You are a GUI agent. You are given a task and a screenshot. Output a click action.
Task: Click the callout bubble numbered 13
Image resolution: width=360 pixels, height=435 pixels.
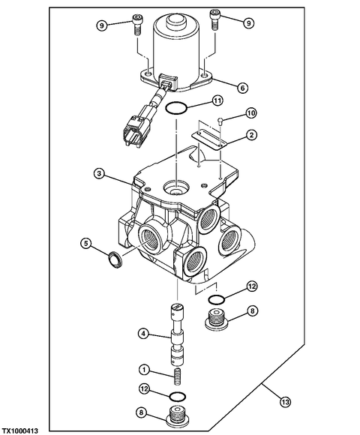(x=285, y=401)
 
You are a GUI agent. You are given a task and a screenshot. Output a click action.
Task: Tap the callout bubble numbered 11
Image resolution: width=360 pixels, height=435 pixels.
(x=217, y=100)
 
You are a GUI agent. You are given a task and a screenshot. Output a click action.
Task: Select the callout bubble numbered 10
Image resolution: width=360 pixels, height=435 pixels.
(x=252, y=113)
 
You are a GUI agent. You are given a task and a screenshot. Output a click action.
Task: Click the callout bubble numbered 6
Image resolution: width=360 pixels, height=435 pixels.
(x=242, y=88)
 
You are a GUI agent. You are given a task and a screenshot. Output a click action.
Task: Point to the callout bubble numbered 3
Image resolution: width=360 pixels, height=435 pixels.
(x=99, y=174)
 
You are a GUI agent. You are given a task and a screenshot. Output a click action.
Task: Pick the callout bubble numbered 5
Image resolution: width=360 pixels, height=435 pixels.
(x=86, y=244)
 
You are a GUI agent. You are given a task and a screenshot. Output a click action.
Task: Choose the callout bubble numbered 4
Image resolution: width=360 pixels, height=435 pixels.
(x=144, y=334)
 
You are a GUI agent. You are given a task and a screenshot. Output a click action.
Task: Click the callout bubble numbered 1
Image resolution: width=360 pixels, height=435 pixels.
(x=144, y=370)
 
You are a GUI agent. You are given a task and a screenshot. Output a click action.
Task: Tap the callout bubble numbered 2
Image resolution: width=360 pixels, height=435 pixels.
(x=251, y=135)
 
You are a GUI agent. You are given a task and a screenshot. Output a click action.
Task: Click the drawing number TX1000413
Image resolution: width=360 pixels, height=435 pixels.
(x=19, y=430)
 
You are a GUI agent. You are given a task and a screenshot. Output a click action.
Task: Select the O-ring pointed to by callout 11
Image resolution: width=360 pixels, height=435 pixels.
(x=176, y=108)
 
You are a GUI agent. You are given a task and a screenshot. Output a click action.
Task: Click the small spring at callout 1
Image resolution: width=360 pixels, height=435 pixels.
(x=178, y=376)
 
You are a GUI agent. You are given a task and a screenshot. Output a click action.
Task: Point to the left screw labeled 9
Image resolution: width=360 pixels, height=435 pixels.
(x=136, y=25)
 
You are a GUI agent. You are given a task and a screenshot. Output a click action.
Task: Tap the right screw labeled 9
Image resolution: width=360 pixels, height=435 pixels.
(x=214, y=19)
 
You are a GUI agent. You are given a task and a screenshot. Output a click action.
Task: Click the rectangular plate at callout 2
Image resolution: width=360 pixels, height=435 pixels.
(x=209, y=139)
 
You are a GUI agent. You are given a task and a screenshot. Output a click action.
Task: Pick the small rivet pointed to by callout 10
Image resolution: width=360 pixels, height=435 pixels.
(x=220, y=121)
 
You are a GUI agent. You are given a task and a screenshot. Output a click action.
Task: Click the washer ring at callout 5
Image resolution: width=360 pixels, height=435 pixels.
(x=115, y=259)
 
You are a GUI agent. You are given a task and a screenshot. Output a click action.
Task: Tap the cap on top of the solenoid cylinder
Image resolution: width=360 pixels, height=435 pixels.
(x=176, y=22)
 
